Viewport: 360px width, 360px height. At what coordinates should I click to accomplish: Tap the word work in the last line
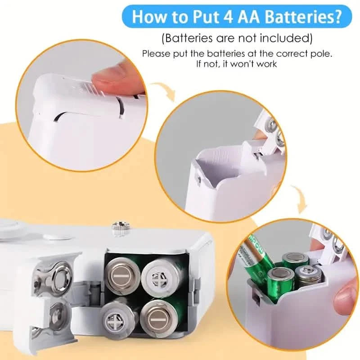pos(267,63)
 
